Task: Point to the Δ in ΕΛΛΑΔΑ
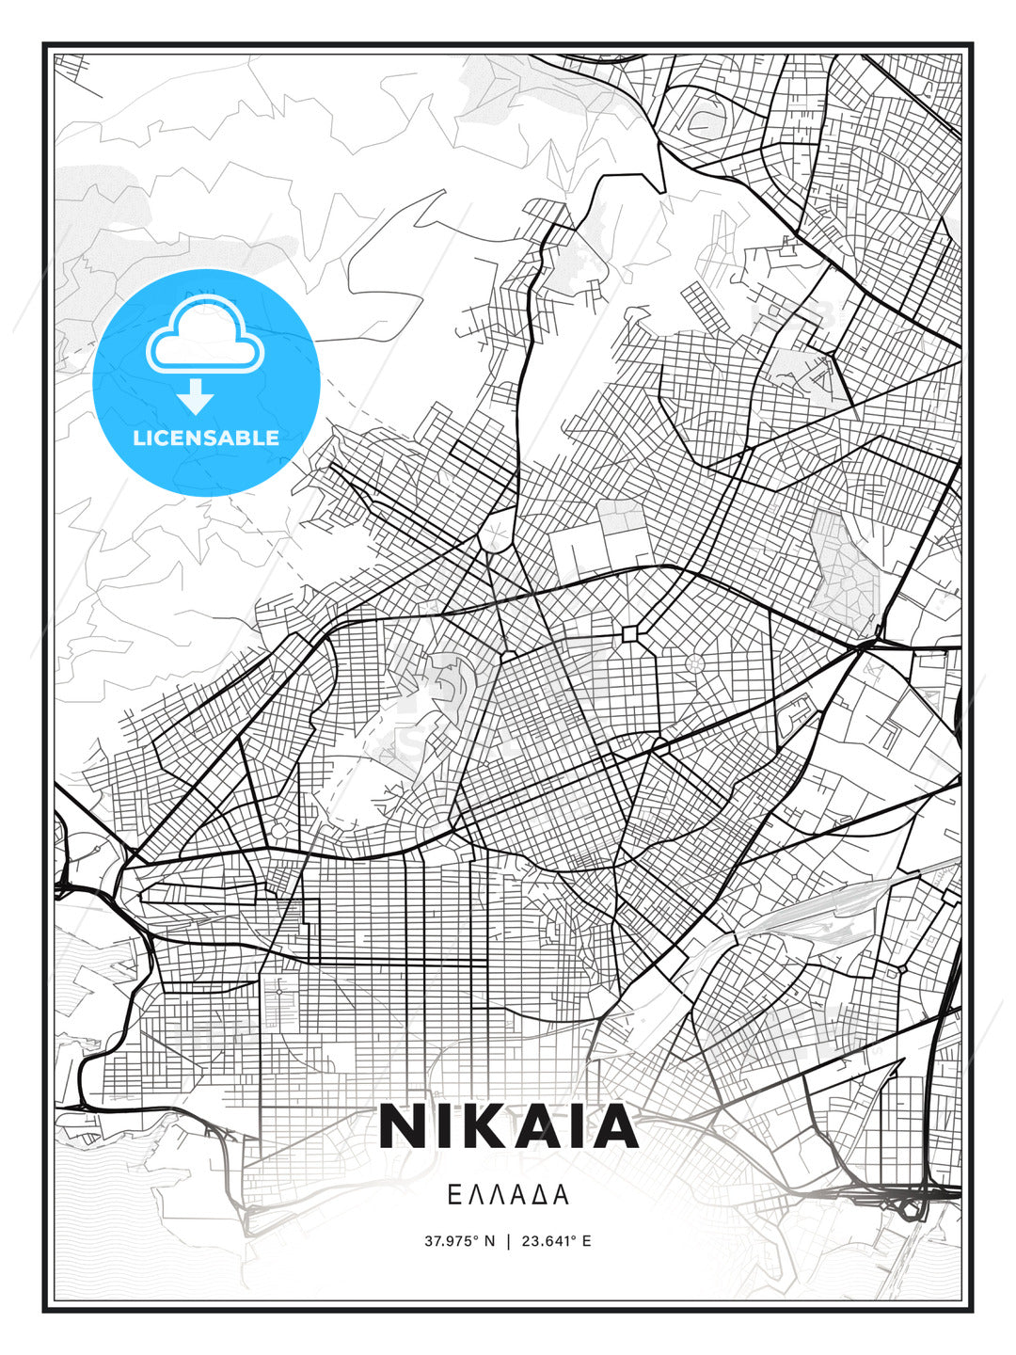[542, 1195]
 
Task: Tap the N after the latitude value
[489, 1241]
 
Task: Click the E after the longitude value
[586, 1241]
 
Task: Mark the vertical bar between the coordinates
[508, 1241]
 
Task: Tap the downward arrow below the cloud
[196, 397]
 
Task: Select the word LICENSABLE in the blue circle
[206, 438]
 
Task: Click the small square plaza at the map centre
[629, 634]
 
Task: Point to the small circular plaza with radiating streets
[695, 663]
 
